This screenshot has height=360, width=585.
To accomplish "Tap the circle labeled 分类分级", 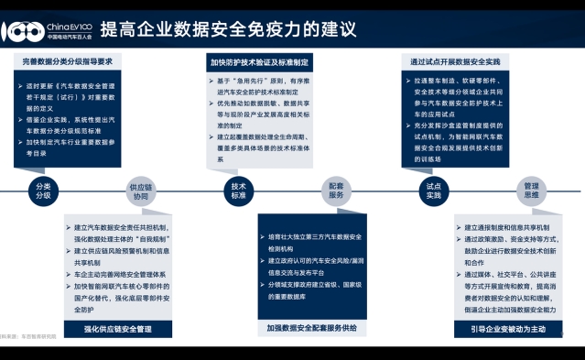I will [x=43, y=191].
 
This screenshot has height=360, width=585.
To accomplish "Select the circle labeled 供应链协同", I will [x=139, y=191].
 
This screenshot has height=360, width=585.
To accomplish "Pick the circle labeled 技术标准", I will [x=238, y=191].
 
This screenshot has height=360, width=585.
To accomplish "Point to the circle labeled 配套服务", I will [x=336, y=191].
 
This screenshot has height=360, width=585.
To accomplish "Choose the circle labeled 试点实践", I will [x=433, y=191].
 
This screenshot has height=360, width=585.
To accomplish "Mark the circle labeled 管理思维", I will [x=532, y=191].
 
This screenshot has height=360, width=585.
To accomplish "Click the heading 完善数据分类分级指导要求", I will [x=68, y=61].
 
